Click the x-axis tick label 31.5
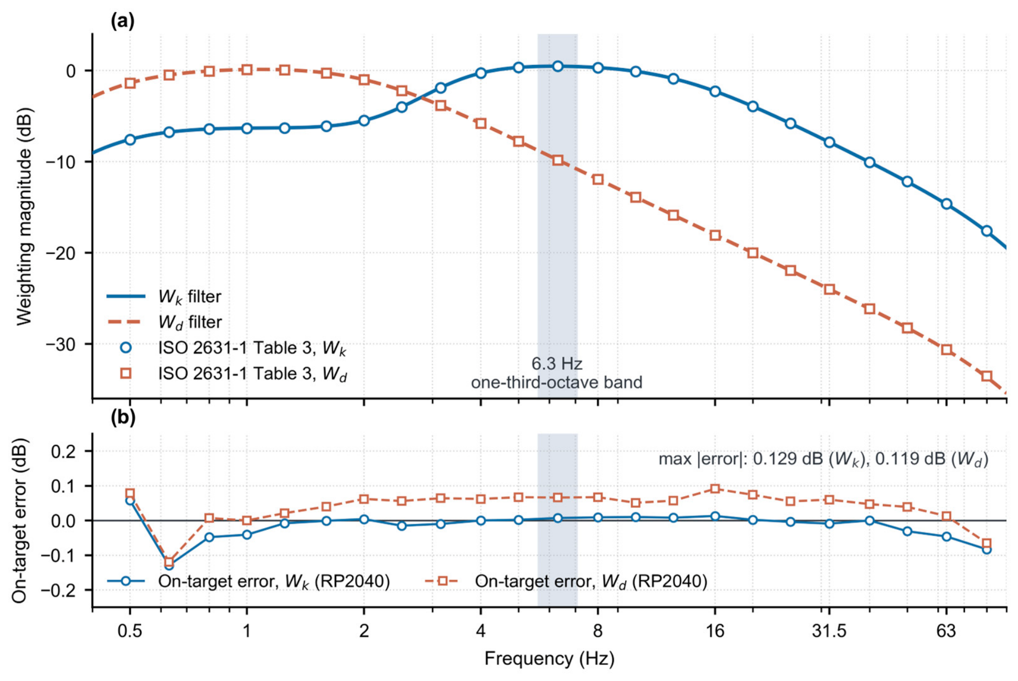pos(829,631)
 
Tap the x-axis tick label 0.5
pos(130,631)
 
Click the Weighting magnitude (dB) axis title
pos(24,216)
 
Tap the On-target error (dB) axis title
pos(20,520)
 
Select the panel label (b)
pos(123,418)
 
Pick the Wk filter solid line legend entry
pos(164,297)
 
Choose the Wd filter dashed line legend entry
pos(164,322)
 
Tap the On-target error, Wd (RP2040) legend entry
pos(566,581)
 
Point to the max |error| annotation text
pos(823,460)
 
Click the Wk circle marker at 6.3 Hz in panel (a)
pos(558,66)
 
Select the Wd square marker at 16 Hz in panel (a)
pos(715,235)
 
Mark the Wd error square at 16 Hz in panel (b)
pos(715,489)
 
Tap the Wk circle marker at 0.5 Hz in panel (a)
pos(130,140)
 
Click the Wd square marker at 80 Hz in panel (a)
pos(987,376)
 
